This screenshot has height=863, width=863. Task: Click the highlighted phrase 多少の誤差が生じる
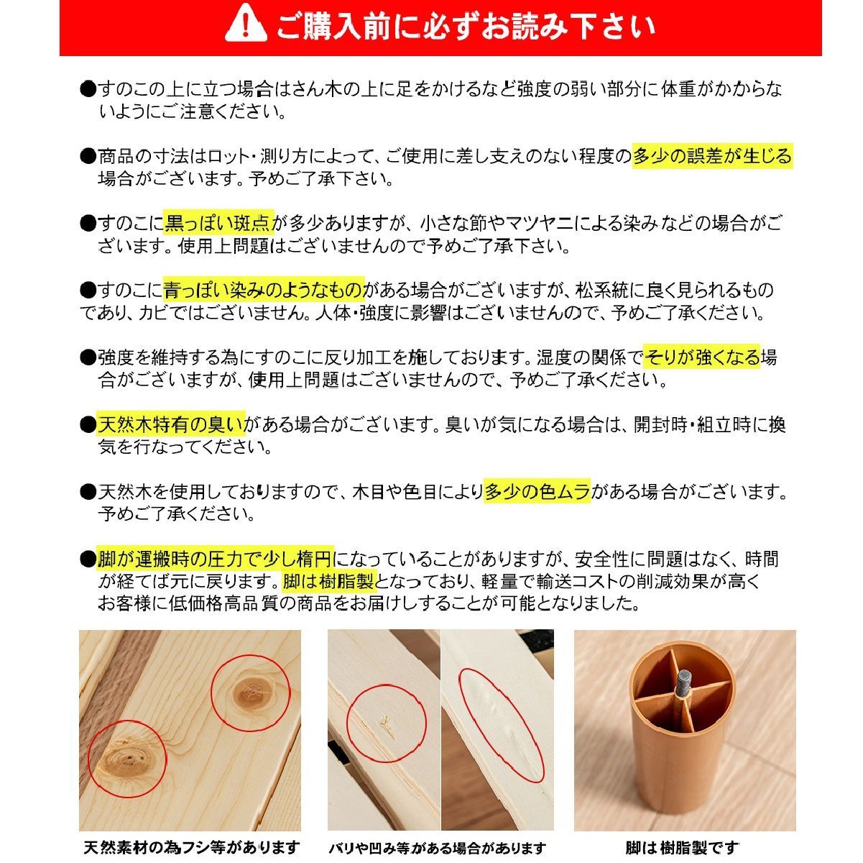pos(712,156)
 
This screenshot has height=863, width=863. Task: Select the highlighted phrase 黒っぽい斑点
pos(218,223)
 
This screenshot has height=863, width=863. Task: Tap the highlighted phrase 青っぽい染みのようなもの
pos(264,290)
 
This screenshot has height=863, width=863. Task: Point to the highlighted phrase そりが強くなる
pos(702,357)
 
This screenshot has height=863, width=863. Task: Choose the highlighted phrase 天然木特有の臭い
pos(171,424)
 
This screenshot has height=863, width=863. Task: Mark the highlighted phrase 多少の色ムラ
pos(537,491)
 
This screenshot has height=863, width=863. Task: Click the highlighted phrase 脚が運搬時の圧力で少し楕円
pos(216,558)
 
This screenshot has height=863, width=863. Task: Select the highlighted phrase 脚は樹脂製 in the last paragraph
pos(330,581)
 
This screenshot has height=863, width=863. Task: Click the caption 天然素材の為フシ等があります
pos(191,848)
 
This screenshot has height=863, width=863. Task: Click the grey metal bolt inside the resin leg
pos(682,682)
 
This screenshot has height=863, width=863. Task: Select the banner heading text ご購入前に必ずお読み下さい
pos(466,27)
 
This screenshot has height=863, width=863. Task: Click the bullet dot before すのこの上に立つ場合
pos(88,90)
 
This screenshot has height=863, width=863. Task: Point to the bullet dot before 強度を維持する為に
pos(88,357)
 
